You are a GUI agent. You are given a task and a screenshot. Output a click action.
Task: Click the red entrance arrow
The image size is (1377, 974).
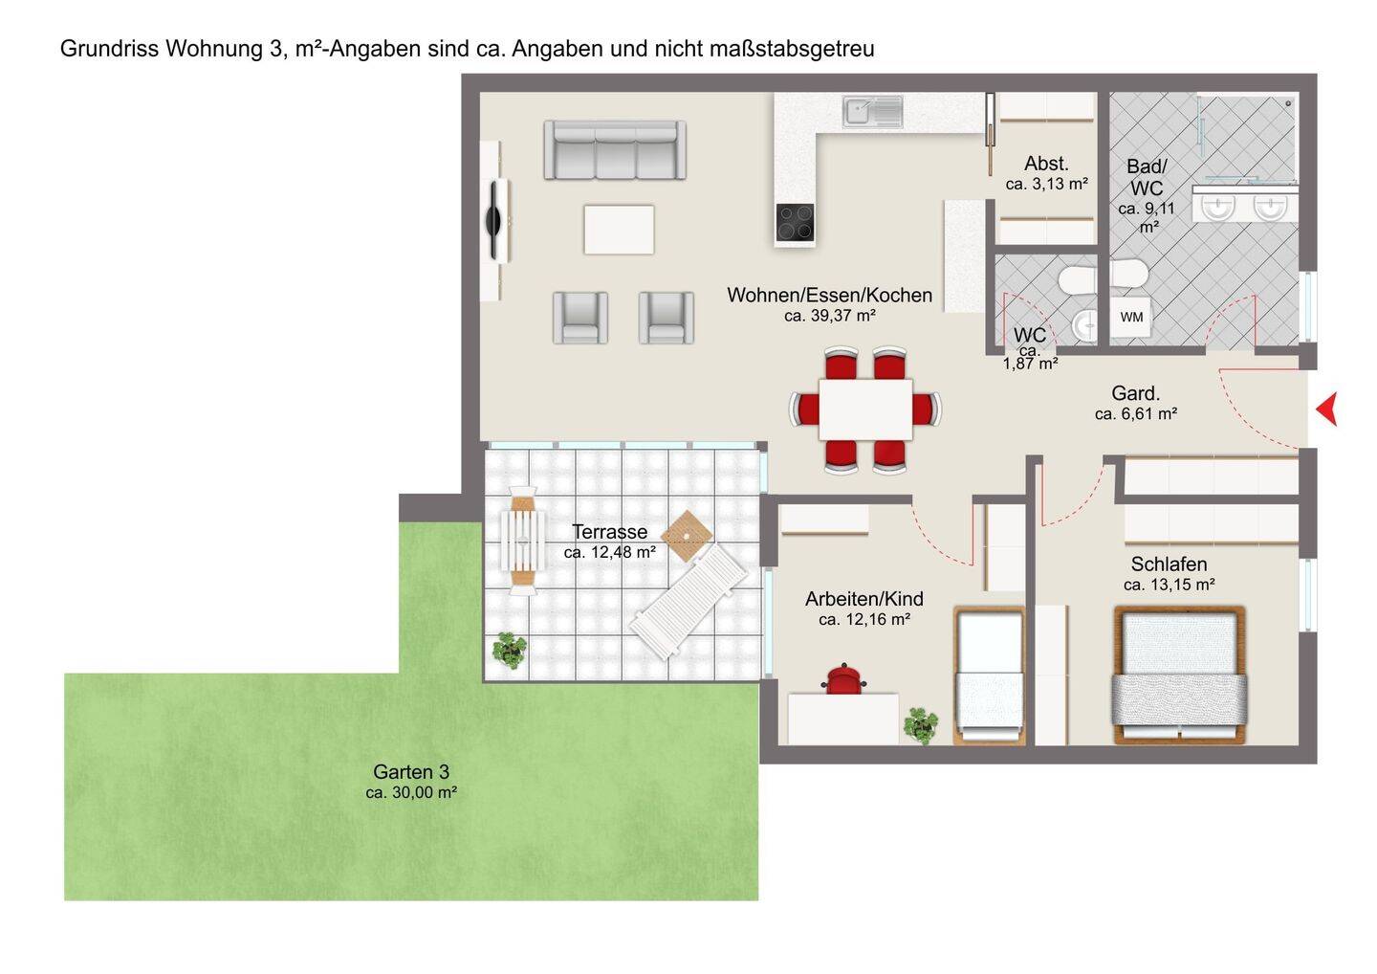(x=1329, y=409)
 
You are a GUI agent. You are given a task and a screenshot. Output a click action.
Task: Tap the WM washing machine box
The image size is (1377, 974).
(x=1131, y=318)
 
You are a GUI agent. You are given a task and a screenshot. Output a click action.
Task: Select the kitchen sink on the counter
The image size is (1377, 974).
(x=872, y=111)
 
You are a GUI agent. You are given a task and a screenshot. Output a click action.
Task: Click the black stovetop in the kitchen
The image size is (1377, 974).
(x=795, y=222)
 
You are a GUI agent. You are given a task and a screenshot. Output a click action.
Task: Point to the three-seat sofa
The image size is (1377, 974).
(x=615, y=150)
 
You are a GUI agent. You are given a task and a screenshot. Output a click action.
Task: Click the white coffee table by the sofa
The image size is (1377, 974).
(x=619, y=230)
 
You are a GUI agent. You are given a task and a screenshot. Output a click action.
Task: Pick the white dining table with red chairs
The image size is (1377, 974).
(x=865, y=410)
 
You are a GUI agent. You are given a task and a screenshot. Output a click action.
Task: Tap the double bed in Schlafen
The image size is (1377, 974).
(x=1180, y=675)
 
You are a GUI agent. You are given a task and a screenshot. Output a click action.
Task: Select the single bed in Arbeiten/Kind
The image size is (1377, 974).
(x=989, y=675)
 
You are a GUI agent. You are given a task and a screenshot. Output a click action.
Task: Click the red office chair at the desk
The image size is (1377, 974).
(x=844, y=679)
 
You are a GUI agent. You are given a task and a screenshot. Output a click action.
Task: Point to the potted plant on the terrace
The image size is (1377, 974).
(x=510, y=650)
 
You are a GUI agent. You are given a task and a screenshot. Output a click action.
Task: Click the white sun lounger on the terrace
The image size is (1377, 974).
(x=688, y=602)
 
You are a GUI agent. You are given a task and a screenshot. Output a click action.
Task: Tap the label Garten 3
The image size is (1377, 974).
(x=411, y=771)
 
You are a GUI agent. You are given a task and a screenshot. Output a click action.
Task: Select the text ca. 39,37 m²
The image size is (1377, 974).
(x=830, y=316)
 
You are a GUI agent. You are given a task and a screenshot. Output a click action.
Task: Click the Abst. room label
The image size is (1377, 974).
(x=1046, y=164)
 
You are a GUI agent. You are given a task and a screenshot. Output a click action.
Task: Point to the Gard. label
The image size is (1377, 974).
(x=1135, y=393)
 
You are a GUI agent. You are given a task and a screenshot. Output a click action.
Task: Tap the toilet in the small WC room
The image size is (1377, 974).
(x=1078, y=281)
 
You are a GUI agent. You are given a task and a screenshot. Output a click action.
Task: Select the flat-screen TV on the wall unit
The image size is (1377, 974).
(x=494, y=219)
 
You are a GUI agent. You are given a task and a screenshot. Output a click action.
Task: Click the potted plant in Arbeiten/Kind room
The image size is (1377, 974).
(x=920, y=725)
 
